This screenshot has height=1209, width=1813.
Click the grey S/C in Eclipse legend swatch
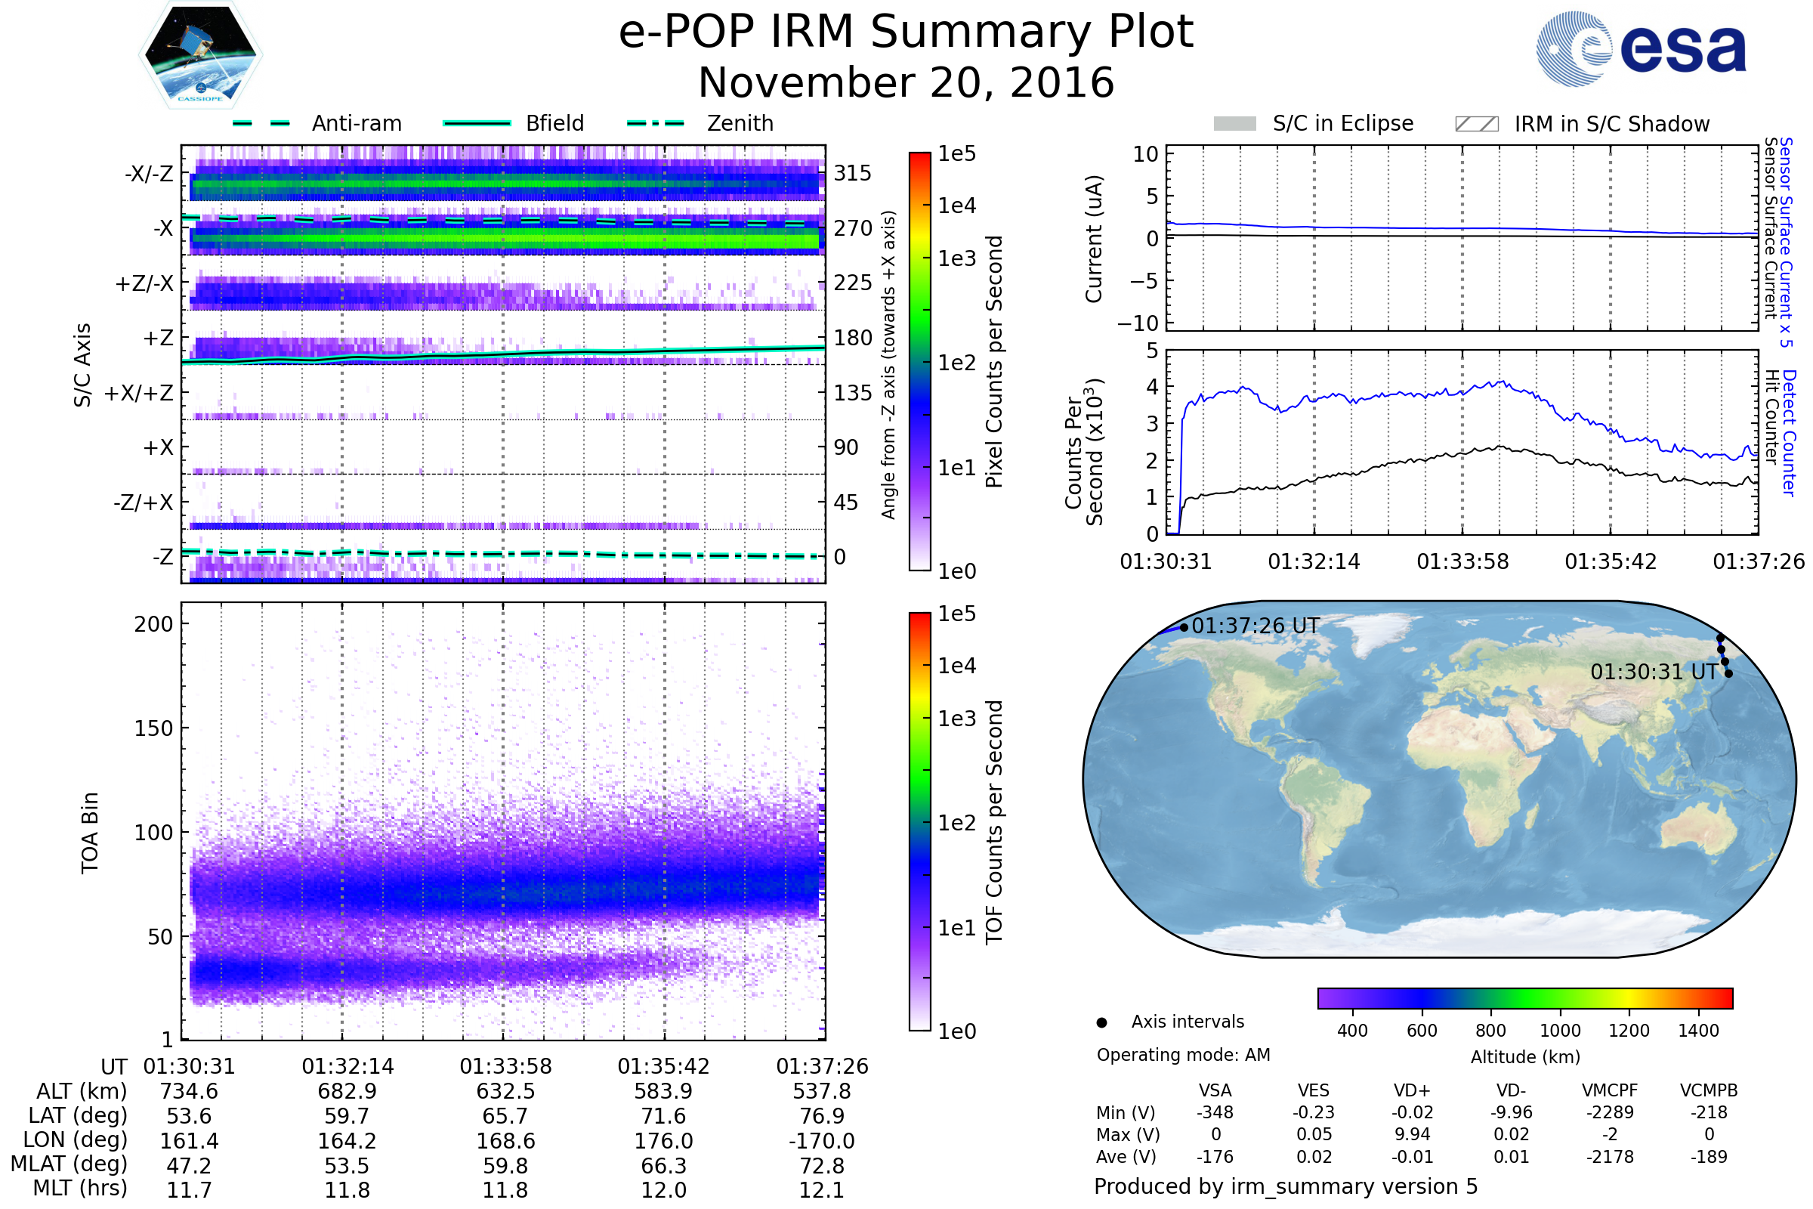(1234, 124)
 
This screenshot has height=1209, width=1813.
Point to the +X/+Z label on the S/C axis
(139, 393)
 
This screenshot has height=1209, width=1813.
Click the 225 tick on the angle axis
(852, 283)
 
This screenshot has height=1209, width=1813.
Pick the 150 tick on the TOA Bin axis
(153, 728)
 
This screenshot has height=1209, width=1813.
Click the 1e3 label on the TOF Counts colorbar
(956, 719)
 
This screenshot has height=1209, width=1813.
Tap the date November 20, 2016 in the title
(906, 83)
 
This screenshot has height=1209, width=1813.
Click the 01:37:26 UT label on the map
(1255, 626)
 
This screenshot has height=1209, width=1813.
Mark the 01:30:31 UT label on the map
(1654, 673)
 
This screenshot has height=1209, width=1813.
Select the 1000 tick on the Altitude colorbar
(1559, 1031)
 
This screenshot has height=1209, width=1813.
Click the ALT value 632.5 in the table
(505, 1092)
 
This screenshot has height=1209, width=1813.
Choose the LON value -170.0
(822, 1141)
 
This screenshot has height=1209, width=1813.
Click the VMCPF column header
(1610, 1091)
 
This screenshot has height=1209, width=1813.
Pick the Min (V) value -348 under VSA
(1215, 1112)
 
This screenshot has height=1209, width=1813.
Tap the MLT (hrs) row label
(80, 1188)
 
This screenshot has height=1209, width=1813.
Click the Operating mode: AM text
(1183, 1055)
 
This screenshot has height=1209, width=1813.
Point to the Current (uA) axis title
(1094, 239)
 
